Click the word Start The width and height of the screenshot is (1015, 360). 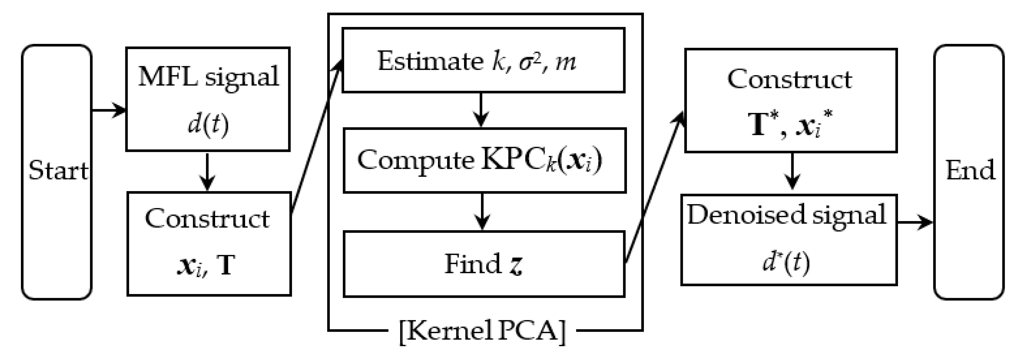(x=58, y=171)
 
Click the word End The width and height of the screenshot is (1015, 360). (x=970, y=171)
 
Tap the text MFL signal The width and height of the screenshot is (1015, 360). (x=208, y=77)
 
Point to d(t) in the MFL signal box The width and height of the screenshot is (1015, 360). (x=208, y=125)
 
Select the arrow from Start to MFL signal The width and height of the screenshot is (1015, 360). (x=108, y=110)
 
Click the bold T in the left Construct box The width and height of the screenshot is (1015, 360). (x=226, y=265)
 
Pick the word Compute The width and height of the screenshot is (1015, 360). (x=416, y=160)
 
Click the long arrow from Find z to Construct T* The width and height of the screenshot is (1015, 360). (x=654, y=189)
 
